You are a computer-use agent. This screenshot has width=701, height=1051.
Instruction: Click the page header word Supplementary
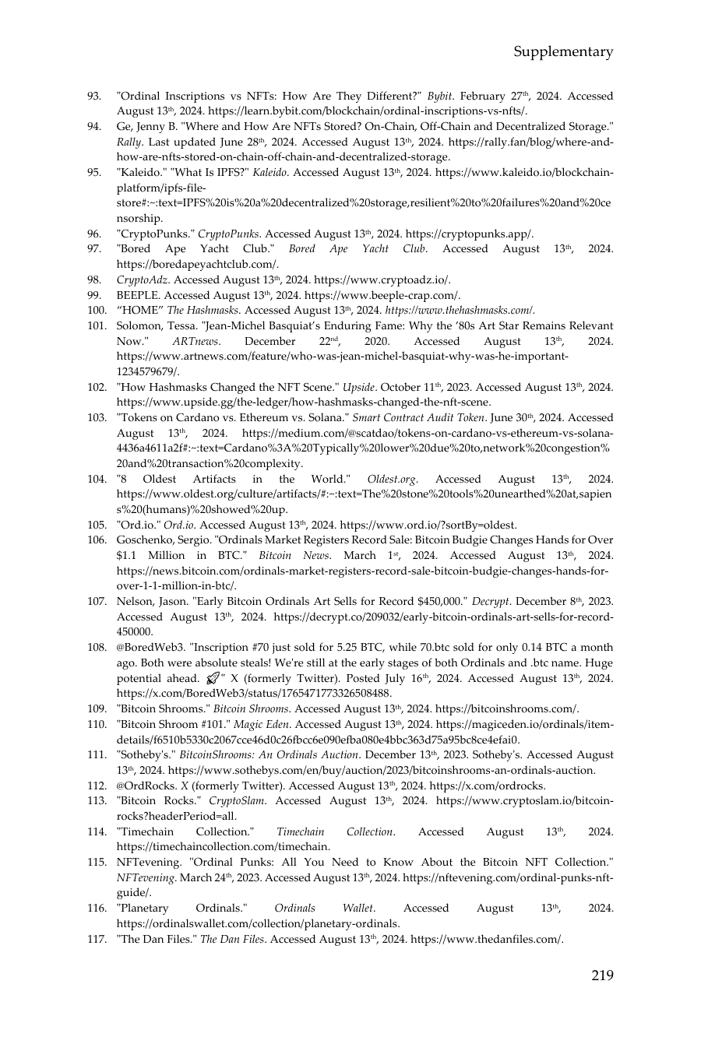click(x=563, y=52)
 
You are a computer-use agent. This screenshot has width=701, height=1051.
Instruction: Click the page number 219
click(x=602, y=975)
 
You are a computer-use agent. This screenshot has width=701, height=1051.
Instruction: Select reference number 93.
click(x=93, y=97)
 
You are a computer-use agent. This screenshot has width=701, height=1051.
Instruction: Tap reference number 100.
click(x=96, y=311)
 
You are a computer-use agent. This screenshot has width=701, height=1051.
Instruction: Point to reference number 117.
click(x=96, y=939)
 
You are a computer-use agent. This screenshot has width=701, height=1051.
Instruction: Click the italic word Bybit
click(x=440, y=97)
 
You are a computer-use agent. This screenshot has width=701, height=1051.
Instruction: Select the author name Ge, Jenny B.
click(x=143, y=127)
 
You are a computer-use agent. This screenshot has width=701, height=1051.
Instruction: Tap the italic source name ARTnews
click(x=196, y=342)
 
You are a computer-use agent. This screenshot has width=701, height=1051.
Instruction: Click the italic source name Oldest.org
click(x=393, y=480)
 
